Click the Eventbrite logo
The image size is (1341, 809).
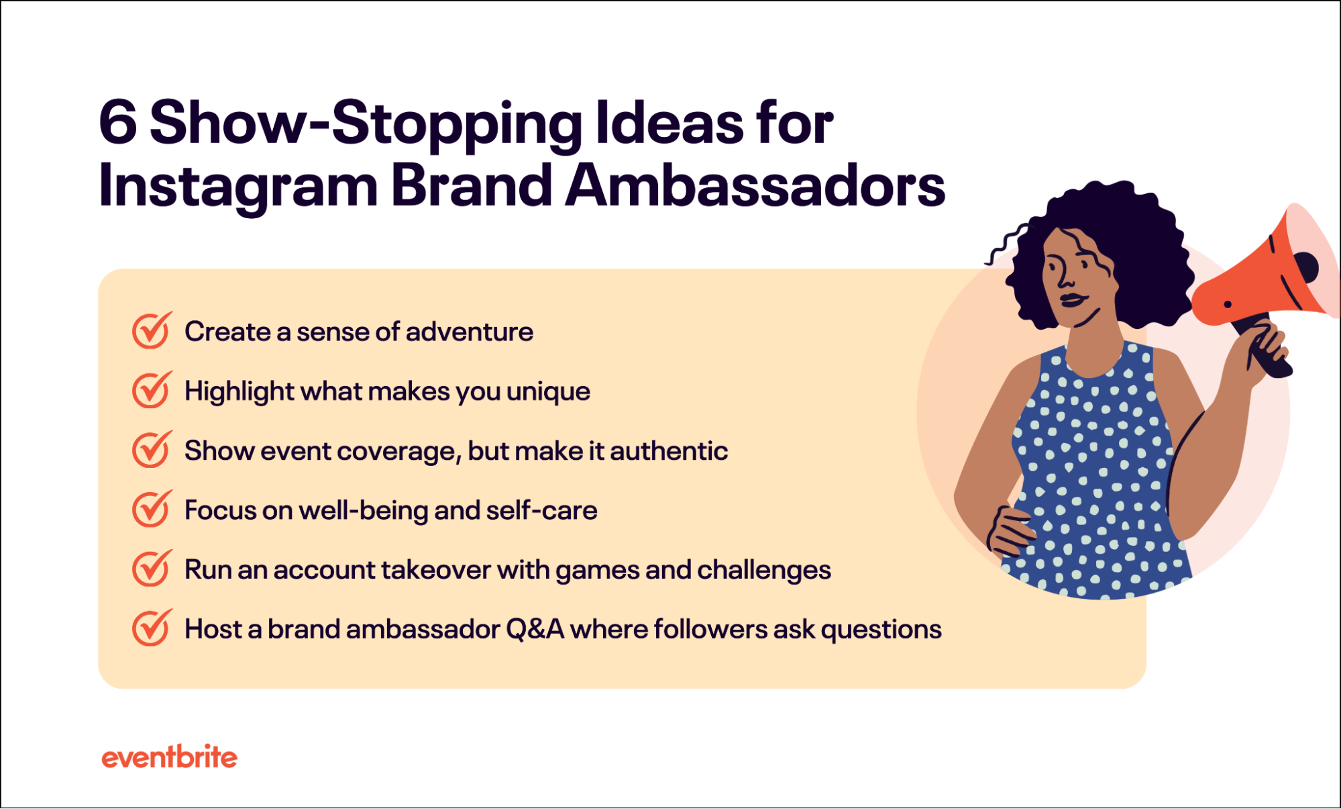point(169,757)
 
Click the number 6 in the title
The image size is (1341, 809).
point(118,124)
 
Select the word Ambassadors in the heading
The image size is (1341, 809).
point(755,185)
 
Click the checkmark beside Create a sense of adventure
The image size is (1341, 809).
point(151,331)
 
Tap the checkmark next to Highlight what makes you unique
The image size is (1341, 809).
point(151,390)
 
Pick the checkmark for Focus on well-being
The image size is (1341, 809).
point(151,510)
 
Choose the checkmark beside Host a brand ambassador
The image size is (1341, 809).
point(151,628)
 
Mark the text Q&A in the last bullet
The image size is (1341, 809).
point(535,630)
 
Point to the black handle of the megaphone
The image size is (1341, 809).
point(1265,352)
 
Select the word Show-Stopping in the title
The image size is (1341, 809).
point(366,124)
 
